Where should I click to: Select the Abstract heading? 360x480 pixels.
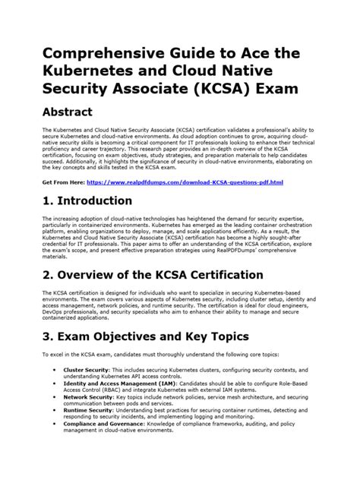coord(67,112)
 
